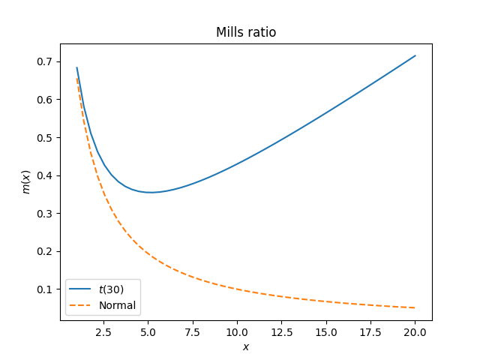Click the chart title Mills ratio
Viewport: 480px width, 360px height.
pyautogui.click(x=245, y=32)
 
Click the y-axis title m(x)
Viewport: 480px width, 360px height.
pyautogui.click(x=26, y=182)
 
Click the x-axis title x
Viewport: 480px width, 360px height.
pyautogui.click(x=245, y=346)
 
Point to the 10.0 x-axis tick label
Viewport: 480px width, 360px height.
pyautogui.click(x=237, y=331)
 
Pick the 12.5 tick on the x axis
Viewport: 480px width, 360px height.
pyautogui.click(x=281, y=331)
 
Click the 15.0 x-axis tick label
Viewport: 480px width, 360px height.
pyautogui.click(x=325, y=331)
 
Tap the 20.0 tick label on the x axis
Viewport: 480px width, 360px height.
pyautogui.click(x=415, y=331)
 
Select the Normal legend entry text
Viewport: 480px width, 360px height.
pyautogui.click(x=117, y=305)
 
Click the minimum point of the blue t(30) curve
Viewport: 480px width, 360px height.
pyautogui.click(x=152, y=192)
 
